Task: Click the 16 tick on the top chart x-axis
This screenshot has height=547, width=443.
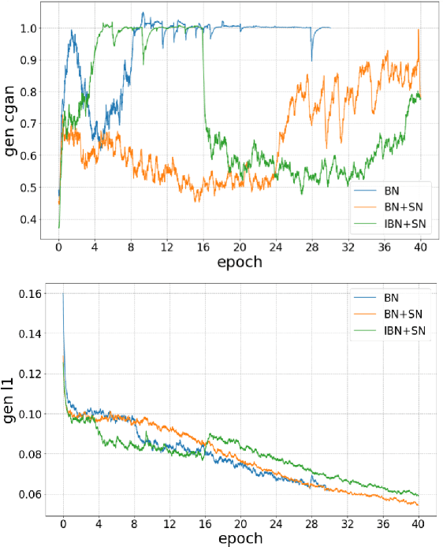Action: pos(203,247)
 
